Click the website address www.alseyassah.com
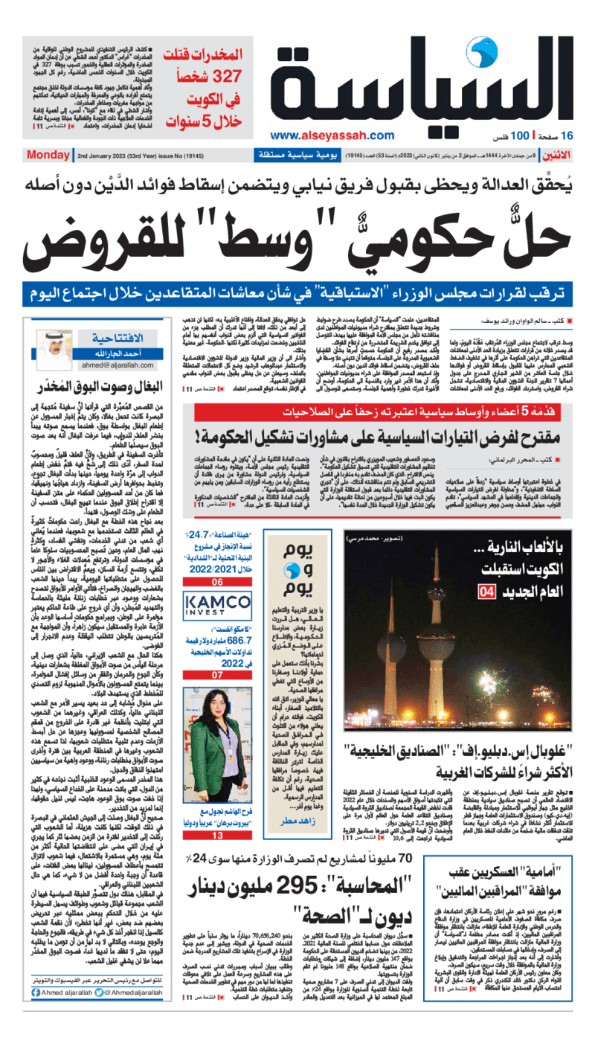pos(332,135)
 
